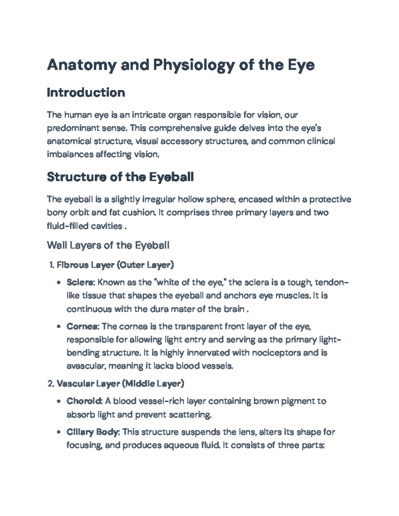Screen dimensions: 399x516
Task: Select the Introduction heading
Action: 86,92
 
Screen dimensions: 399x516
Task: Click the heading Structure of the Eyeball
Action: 120,177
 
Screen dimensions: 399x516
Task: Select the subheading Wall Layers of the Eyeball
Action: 108,245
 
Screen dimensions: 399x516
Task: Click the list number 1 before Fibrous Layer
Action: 51,265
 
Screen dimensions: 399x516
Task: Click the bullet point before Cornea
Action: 59,327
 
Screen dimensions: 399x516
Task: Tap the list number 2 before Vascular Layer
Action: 51,384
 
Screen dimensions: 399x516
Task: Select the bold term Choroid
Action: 84,401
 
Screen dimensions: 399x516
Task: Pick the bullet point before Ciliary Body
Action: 59,432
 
